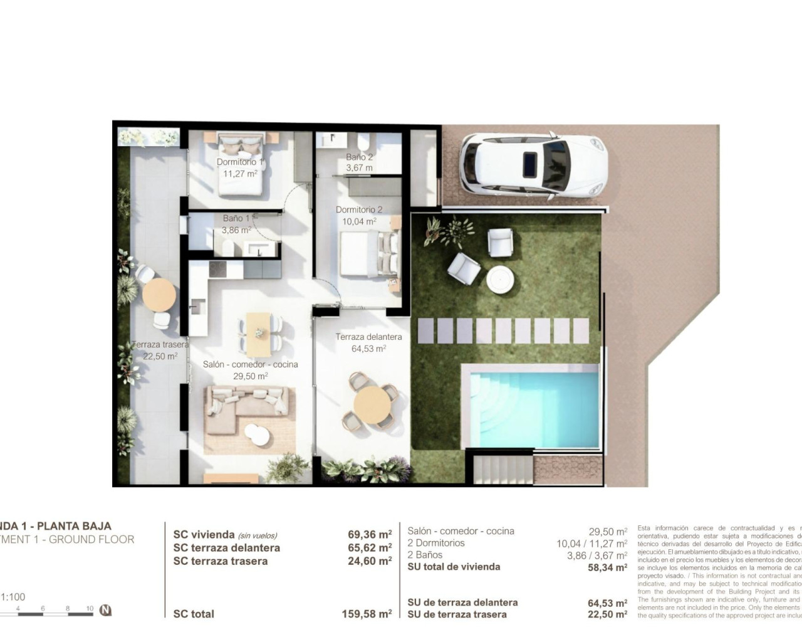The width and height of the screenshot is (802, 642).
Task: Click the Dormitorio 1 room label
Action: coord(240,162)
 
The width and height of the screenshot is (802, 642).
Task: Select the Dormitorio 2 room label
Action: coord(359,210)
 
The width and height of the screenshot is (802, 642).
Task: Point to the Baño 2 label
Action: coord(360,157)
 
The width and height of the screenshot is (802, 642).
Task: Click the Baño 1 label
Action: coord(236,218)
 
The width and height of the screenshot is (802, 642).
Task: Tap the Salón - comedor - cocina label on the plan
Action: coord(250,364)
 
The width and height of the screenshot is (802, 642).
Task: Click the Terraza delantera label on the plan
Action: coord(368,337)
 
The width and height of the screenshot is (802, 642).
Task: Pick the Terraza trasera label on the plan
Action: coord(160,344)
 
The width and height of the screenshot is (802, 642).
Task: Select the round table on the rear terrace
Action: coord(159,295)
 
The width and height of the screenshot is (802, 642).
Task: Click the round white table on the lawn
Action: coord(501,279)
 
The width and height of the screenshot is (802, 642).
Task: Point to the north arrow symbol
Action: coord(106,609)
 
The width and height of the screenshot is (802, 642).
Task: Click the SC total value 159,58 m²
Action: coord(367,614)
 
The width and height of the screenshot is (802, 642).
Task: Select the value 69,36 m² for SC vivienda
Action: coord(370,535)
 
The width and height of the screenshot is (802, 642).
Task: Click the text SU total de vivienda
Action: coord(454,567)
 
